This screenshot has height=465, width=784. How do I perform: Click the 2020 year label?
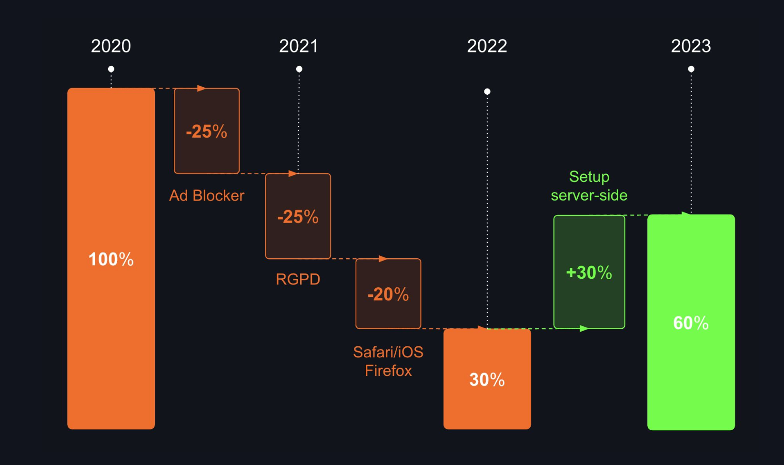click(x=111, y=46)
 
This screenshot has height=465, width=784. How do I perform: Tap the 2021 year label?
click(x=299, y=46)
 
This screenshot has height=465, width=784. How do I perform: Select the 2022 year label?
click(x=487, y=46)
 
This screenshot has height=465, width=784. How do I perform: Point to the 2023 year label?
click(x=691, y=46)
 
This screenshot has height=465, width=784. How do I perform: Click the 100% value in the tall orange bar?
click(x=111, y=259)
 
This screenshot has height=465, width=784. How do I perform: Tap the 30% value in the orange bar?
click(x=487, y=380)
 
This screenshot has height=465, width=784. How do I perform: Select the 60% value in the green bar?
click(x=691, y=323)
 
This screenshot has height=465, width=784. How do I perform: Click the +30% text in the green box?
click(x=589, y=273)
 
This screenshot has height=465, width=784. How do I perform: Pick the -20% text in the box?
click(x=388, y=294)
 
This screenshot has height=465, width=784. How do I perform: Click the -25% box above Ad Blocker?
click(x=207, y=131)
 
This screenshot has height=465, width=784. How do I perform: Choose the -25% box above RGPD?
click(x=298, y=216)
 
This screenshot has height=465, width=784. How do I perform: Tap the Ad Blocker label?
click(x=207, y=195)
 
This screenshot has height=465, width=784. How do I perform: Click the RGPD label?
click(x=298, y=279)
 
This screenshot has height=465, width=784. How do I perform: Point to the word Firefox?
click(x=388, y=371)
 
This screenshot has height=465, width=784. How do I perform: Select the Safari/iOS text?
click(x=388, y=352)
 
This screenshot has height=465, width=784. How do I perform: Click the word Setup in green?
click(x=589, y=177)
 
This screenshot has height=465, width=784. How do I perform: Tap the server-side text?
click(x=589, y=195)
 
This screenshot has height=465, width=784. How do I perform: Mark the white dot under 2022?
click(x=487, y=91)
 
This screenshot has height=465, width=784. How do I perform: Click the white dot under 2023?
click(x=691, y=69)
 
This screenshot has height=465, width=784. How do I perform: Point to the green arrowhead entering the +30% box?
click(x=584, y=328)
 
